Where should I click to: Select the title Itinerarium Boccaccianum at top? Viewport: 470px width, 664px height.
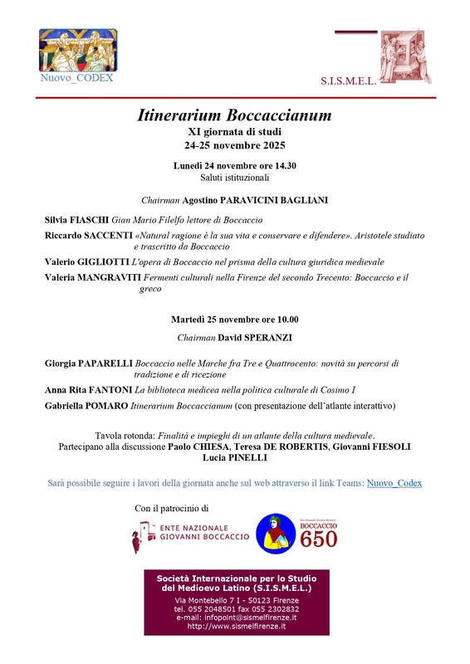pyautogui.click(x=234, y=115)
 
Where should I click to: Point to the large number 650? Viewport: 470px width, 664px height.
pyautogui.click(x=319, y=541)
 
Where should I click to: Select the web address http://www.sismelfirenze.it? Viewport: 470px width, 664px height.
pyautogui.click(x=236, y=627)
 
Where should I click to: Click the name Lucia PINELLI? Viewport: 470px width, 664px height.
pyautogui.click(x=234, y=457)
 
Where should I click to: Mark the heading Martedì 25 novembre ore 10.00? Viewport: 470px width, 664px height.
pyautogui.click(x=234, y=319)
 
